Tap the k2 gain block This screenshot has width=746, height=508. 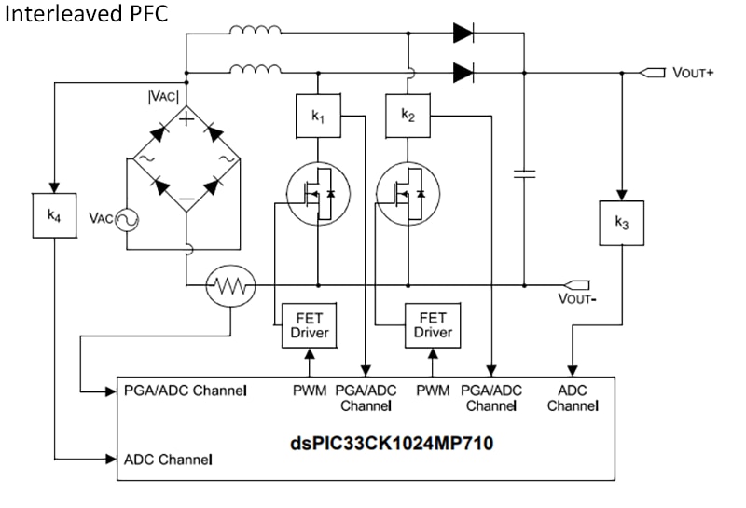coord(408,116)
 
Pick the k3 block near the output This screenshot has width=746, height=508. coord(621,222)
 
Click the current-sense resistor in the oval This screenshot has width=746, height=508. coord(229,284)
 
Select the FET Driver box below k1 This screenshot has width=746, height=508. coord(308,324)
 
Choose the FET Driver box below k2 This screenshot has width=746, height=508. coord(432,324)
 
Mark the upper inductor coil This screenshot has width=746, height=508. coord(256,32)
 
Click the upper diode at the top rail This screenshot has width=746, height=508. coord(464,34)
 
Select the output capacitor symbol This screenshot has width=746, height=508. coord(524,173)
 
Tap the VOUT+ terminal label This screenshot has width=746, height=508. coord(693,73)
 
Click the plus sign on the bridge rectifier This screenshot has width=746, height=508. coord(186,118)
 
